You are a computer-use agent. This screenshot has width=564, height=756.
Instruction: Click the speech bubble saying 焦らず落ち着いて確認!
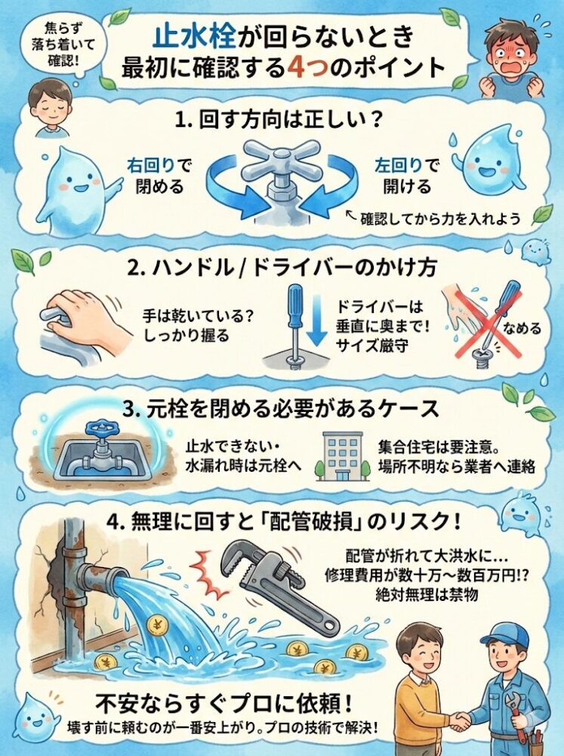(x=57, y=44)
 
